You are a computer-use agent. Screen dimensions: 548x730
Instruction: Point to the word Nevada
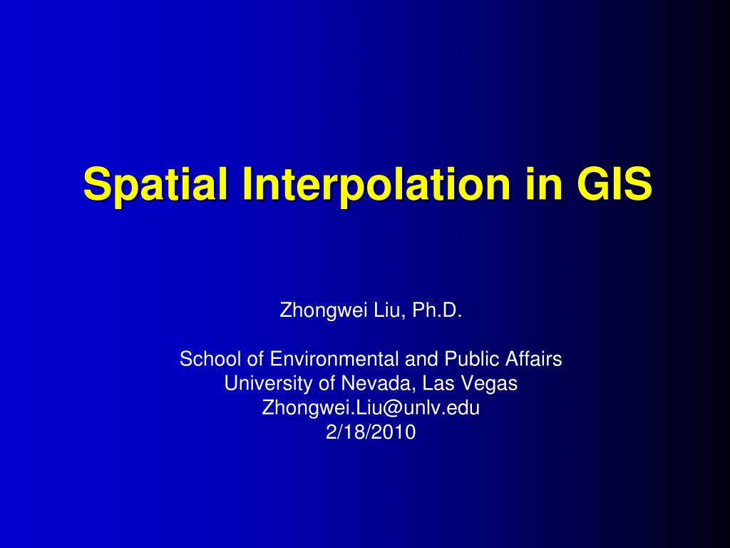[377, 383]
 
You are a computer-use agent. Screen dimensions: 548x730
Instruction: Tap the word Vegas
[490, 383]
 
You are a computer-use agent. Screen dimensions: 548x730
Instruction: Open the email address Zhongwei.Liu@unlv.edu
[371, 407]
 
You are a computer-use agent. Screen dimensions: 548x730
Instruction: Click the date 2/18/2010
[370, 432]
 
